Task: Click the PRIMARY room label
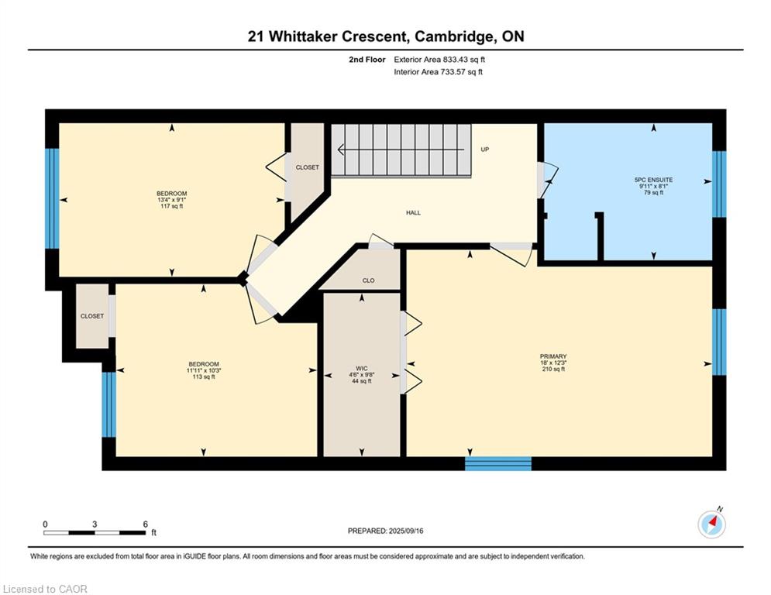[x=553, y=356]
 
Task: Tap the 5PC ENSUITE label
[x=653, y=180]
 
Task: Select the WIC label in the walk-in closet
[x=362, y=368]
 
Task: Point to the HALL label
[x=413, y=213]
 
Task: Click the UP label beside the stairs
[x=485, y=150]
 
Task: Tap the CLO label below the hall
[x=368, y=280]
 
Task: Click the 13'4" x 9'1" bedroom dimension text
[x=171, y=200]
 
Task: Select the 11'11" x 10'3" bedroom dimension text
[x=204, y=370]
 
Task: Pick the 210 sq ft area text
[x=553, y=369]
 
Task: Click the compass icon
[x=711, y=524]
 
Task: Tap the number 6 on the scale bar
[x=145, y=524]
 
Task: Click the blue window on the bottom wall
[x=498, y=464]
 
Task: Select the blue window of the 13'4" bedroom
[x=52, y=198]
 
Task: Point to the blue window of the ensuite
[x=719, y=184]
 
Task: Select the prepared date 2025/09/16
[x=406, y=531]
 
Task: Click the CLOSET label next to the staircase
[x=308, y=167]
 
